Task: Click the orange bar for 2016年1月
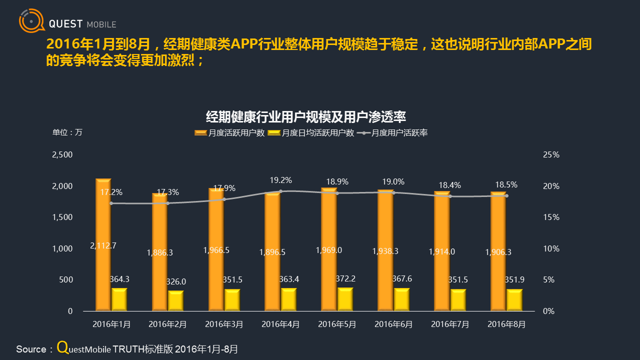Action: (x=103, y=244)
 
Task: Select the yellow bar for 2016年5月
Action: (x=345, y=299)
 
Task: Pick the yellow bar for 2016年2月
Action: (x=175, y=300)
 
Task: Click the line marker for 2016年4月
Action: (x=280, y=191)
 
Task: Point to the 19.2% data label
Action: (x=280, y=180)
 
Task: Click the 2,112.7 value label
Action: (x=103, y=245)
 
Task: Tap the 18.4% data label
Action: (x=449, y=184)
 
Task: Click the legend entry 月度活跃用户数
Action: (x=229, y=133)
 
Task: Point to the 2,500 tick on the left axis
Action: (x=62, y=155)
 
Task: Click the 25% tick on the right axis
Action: (x=551, y=155)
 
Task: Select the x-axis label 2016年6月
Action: (x=393, y=324)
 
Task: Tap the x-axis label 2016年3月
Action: (x=224, y=324)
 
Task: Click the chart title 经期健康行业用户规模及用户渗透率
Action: (x=306, y=117)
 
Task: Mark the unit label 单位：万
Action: (x=67, y=132)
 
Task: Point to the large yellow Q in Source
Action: (x=62, y=347)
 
